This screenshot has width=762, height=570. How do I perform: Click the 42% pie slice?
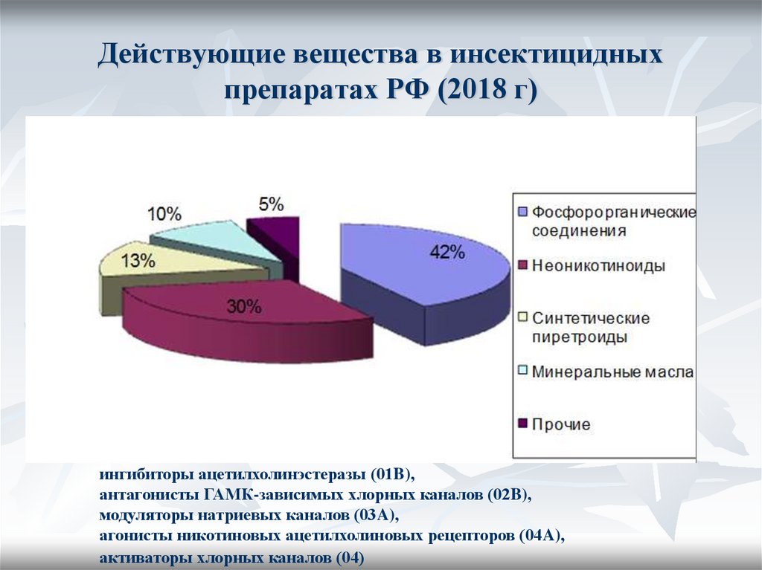click(417, 268)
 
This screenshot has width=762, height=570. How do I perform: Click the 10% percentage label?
click(164, 215)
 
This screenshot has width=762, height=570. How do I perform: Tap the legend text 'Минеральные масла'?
click(612, 372)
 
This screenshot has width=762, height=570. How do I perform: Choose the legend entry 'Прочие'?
click(560, 424)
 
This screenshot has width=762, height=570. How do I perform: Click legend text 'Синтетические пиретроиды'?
click(590, 327)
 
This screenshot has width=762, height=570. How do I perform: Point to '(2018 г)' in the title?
click(487, 91)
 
